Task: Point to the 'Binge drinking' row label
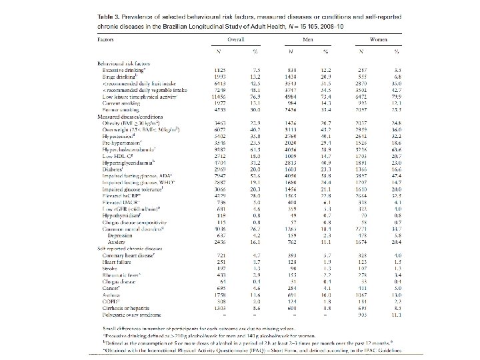117,75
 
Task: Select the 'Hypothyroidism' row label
120,216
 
